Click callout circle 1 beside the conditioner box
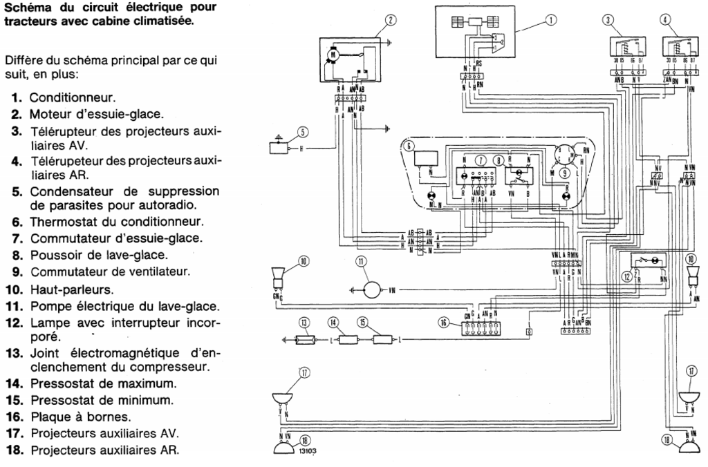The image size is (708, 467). click(x=551, y=20)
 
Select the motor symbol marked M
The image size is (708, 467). click(x=331, y=53)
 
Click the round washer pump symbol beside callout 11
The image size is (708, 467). click(x=371, y=289)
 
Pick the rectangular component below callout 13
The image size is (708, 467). click(x=305, y=340)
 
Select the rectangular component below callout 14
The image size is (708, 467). click(x=344, y=340)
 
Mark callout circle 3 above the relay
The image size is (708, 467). click(x=608, y=20)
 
